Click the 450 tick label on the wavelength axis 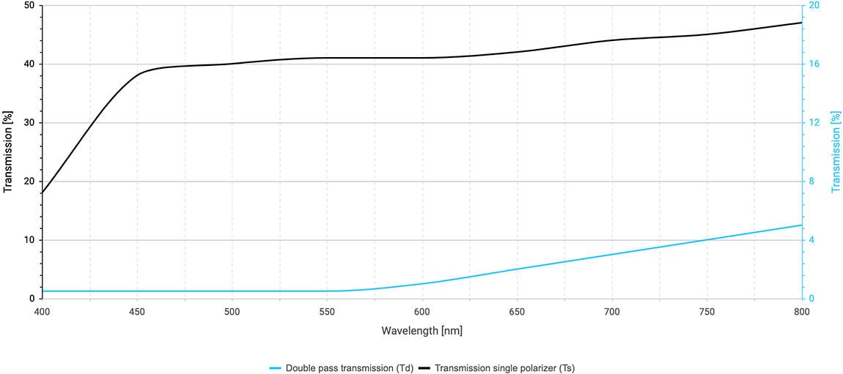pos(137,311)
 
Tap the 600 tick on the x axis pos(421,311)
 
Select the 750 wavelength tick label pos(707,311)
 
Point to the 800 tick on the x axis pos(801,311)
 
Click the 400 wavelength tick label pos(43,311)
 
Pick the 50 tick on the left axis pos(29,5)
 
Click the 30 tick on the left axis pos(29,123)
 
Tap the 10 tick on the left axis pos(29,240)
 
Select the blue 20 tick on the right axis pos(814,5)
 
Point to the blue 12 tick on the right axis pos(814,123)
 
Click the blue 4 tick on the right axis pos(811,240)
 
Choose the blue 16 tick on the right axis pos(814,64)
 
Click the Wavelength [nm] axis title pos(421,331)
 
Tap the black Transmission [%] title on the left pos(8,152)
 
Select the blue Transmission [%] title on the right pos(835,152)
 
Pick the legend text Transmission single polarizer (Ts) pos(505,368)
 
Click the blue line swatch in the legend pos(275,368)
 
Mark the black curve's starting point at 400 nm pos(43,193)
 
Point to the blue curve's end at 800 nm pos(801,225)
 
